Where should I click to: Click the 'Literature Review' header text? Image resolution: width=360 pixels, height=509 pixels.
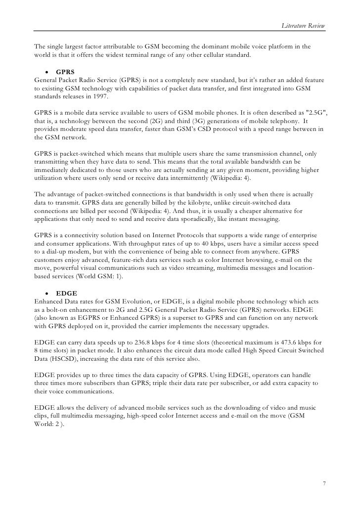[x=303, y=25]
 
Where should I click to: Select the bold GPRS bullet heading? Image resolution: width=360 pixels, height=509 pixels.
[x=65, y=71]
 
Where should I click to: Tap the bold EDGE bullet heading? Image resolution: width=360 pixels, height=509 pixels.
[x=66, y=293]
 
